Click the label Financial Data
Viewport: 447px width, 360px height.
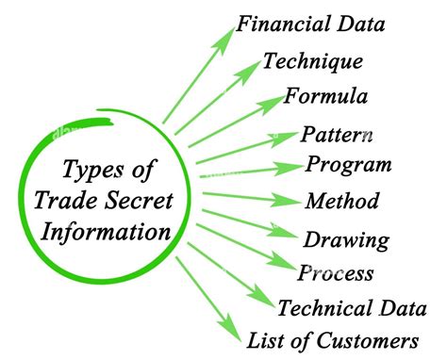point(310,25)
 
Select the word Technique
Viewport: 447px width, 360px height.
point(313,61)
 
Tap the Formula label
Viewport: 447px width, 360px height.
point(325,96)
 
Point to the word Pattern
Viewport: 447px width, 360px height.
point(337,135)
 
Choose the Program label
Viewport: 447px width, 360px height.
point(349,165)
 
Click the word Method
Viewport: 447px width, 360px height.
point(342,201)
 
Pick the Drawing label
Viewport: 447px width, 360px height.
point(346,240)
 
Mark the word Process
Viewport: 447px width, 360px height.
point(336,272)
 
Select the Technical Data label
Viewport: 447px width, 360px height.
point(352,308)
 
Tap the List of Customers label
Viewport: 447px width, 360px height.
point(333,340)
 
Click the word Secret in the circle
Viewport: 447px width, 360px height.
point(139,201)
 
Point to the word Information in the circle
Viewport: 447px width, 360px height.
point(106,232)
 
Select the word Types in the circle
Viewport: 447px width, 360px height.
point(92,170)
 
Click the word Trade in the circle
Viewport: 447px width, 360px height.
point(67,201)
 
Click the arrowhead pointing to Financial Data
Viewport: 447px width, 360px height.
point(224,41)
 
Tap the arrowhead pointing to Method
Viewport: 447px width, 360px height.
point(286,200)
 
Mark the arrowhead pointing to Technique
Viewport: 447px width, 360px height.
point(249,72)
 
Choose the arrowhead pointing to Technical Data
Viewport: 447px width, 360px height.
point(260,296)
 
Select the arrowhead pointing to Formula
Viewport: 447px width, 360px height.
point(271,105)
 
